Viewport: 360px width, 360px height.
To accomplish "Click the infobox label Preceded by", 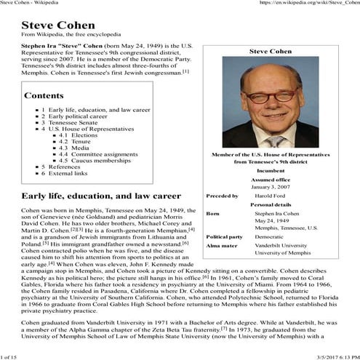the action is [223, 196].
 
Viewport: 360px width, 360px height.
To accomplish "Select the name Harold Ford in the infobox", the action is [273, 196].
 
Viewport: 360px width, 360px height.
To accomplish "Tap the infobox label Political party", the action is [225, 237].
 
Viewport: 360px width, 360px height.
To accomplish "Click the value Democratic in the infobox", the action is [270, 237].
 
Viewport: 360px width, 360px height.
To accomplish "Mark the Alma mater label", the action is [220, 247].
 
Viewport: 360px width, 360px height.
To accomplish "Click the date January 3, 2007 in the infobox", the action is [271, 187].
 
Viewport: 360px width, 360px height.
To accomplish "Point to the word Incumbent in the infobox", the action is [271, 170].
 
